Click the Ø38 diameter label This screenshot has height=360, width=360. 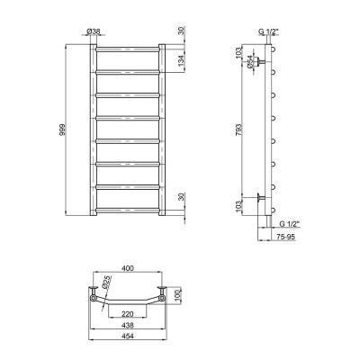click(x=94, y=31)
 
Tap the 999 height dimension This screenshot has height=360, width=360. click(x=62, y=130)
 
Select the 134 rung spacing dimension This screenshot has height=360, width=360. click(x=181, y=60)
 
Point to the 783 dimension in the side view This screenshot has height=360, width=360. click(x=238, y=130)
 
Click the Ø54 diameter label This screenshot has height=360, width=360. click(x=250, y=62)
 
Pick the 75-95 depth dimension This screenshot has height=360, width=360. click(x=285, y=237)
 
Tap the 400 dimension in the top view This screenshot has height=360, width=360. click(x=128, y=268)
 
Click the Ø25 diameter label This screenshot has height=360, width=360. click(x=107, y=283)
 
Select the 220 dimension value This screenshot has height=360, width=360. click(x=128, y=314)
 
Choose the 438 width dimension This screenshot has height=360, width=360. click(x=128, y=325)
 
